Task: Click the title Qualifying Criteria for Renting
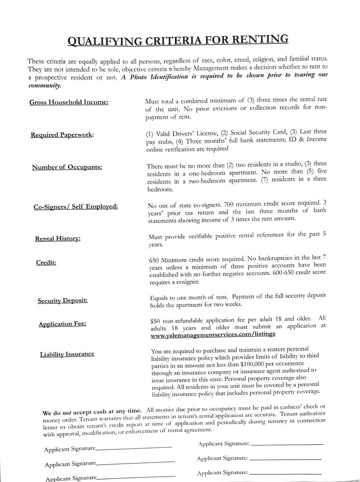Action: (x=178, y=41)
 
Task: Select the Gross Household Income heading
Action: (x=69, y=102)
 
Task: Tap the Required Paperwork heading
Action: (x=62, y=135)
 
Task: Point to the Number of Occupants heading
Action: (x=67, y=167)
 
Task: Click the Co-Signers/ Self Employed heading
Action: (x=76, y=207)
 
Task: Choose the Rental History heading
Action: (x=58, y=239)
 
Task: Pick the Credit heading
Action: (x=46, y=262)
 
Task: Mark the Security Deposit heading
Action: (x=62, y=300)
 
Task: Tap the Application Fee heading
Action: (x=62, y=324)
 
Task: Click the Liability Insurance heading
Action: (x=67, y=354)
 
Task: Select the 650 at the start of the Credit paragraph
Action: (x=154, y=259)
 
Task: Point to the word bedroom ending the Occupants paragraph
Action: (x=160, y=189)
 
